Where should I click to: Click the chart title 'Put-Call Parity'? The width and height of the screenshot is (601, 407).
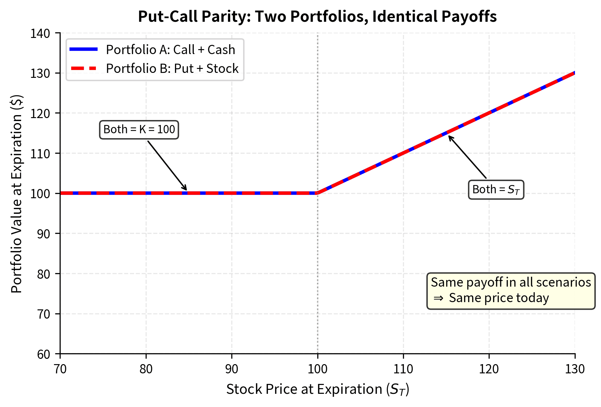tap(317, 16)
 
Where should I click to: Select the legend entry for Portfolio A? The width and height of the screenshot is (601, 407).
tap(170, 50)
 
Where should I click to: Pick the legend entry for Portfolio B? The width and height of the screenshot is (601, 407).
tap(172, 69)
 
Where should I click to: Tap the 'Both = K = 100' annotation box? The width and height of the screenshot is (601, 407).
tap(139, 130)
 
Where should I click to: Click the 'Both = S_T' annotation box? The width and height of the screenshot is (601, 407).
tap(496, 190)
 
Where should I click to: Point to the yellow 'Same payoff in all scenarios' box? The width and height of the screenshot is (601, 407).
tap(511, 291)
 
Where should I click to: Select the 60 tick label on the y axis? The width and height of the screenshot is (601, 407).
tap(43, 354)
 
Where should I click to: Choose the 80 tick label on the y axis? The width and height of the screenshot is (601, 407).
tap(43, 274)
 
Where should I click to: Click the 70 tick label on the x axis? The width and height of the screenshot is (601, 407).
tap(60, 369)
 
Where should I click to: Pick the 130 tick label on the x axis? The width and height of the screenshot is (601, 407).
tap(575, 369)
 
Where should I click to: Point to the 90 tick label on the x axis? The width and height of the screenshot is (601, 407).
tap(232, 369)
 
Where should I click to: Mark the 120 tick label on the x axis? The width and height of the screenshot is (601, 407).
tap(489, 369)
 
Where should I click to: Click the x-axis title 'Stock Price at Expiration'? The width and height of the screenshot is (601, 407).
tap(317, 390)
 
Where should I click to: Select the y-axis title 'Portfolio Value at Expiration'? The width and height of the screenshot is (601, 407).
tap(16, 194)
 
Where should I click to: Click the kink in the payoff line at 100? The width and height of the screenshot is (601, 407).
tap(318, 193)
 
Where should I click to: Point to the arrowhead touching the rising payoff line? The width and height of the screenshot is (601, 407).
tap(450, 137)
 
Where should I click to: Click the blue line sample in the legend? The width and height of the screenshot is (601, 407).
tap(84, 49)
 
